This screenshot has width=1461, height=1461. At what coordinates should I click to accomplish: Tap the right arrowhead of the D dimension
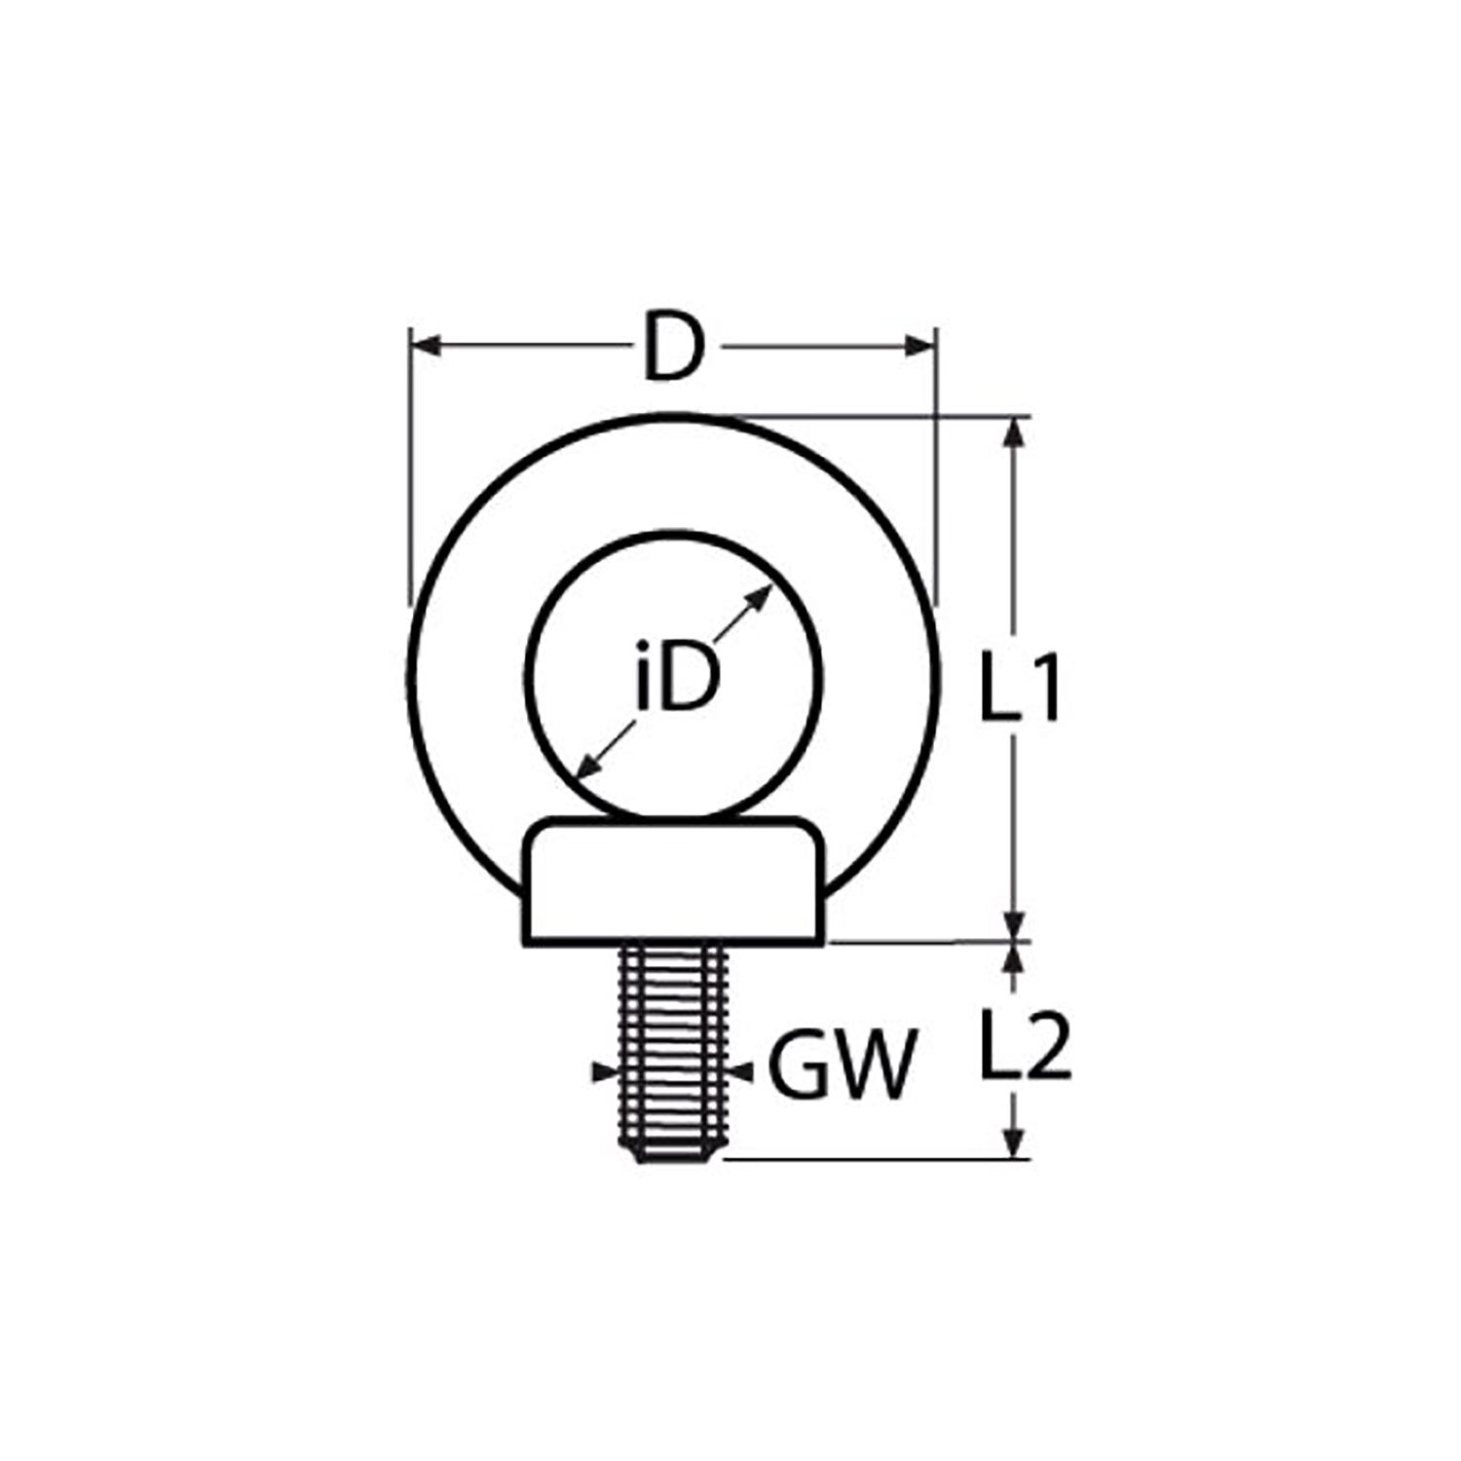920,346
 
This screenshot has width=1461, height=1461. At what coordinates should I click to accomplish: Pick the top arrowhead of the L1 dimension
1016,432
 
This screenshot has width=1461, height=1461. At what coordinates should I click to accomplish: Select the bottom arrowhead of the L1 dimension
1016,924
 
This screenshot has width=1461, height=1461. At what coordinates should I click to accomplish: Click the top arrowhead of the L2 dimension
1016,959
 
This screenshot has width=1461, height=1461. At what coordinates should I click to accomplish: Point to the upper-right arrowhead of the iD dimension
761,596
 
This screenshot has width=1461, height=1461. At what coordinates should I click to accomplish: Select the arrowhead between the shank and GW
742,1071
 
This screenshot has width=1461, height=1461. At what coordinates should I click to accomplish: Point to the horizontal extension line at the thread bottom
877,1159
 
